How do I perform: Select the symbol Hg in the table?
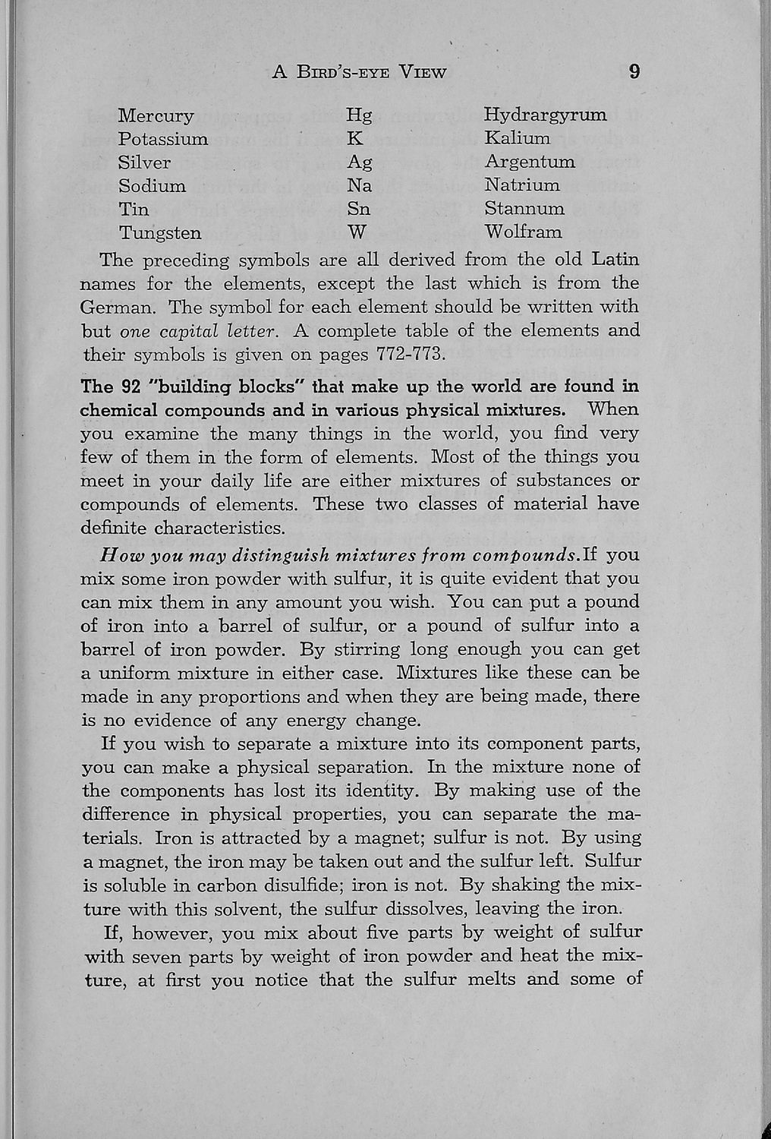[359, 115]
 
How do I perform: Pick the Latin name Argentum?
[530, 162]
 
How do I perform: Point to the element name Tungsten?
[160, 232]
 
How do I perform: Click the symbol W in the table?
[357, 232]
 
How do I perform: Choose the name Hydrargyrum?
[545, 115]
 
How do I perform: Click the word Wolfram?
[523, 231]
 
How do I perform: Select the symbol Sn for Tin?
[358, 209]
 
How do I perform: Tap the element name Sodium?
[152, 186]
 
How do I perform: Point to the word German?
[118, 308]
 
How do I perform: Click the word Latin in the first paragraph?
[614, 260]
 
